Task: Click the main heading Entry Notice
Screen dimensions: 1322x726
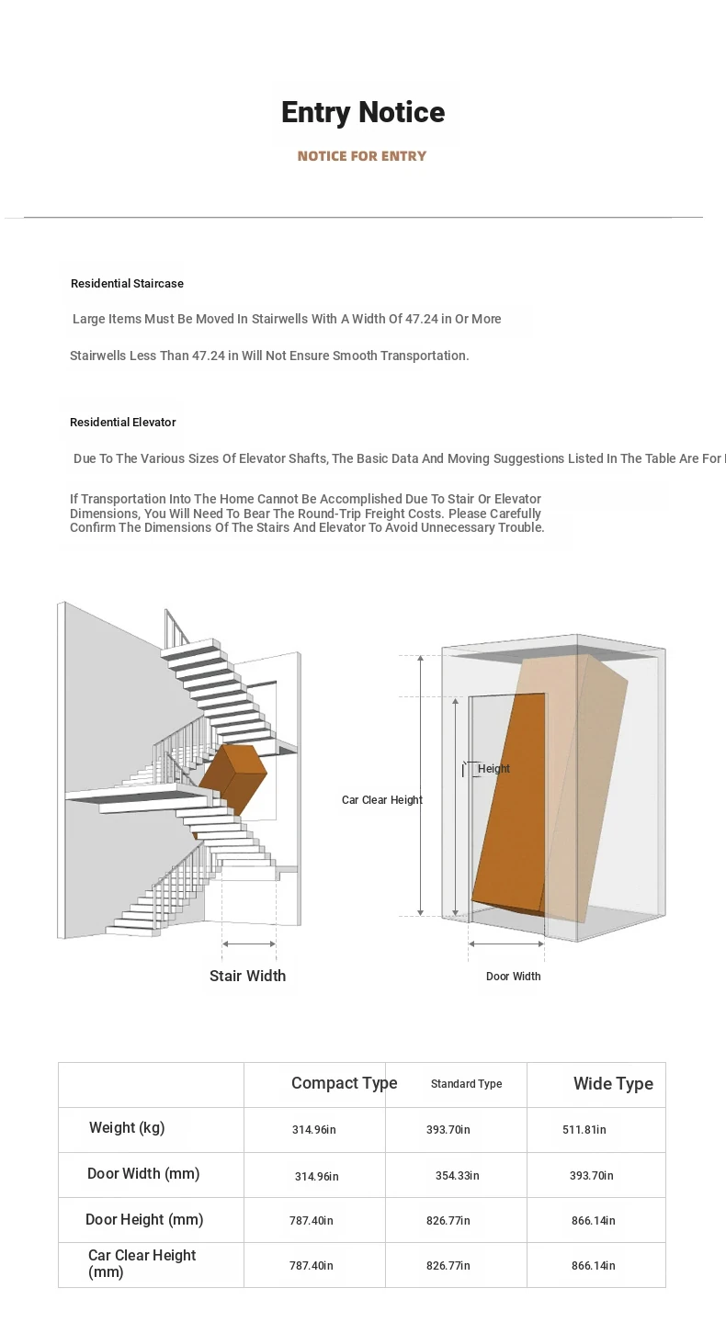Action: pyautogui.click(x=363, y=112)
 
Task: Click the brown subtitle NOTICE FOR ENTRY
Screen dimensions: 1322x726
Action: pyautogui.click(x=362, y=156)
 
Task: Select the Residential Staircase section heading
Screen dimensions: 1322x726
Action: pyautogui.click(x=127, y=284)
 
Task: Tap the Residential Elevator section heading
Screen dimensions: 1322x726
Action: pyautogui.click(x=123, y=423)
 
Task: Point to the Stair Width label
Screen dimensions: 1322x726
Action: pyautogui.click(x=247, y=976)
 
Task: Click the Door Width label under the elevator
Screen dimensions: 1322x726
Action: pyautogui.click(x=513, y=977)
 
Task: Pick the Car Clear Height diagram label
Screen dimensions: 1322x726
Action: pyautogui.click(x=382, y=800)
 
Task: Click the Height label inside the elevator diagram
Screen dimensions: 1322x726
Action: pyautogui.click(x=493, y=769)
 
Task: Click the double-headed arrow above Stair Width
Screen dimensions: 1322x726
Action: pyautogui.click(x=249, y=943)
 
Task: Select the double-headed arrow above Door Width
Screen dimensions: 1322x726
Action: pyautogui.click(x=506, y=943)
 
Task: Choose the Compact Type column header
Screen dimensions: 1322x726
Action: pyautogui.click(x=344, y=1083)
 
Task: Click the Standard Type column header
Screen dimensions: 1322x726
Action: pyautogui.click(x=466, y=1084)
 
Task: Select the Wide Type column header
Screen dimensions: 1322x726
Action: pyautogui.click(x=613, y=1084)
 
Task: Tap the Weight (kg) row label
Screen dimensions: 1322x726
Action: pyautogui.click(x=127, y=1128)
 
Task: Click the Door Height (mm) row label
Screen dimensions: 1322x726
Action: pyautogui.click(x=144, y=1220)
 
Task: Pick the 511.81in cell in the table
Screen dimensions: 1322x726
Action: pyautogui.click(x=584, y=1130)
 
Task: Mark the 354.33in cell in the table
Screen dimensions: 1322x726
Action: pyautogui.click(x=457, y=1176)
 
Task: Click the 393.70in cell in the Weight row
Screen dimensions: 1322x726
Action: pyautogui.click(x=448, y=1130)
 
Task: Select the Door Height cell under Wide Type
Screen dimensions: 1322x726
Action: pyautogui.click(x=593, y=1221)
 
